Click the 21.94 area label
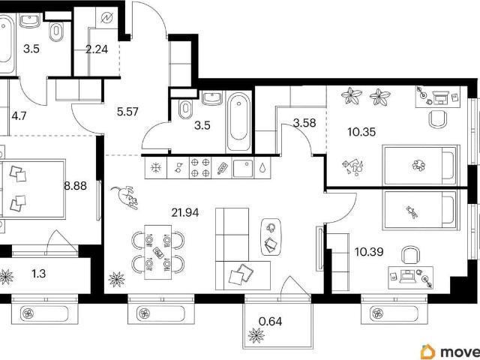click(x=185, y=212)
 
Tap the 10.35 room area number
click(x=361, y=132)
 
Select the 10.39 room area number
click(x=369, y=252)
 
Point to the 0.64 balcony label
click(x=270, y=322)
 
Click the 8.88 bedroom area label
click(x=75, y=185)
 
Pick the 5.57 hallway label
click(x=127, y=112)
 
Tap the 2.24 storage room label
click(x=97, y=49)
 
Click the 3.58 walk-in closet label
click(x=304, y=123)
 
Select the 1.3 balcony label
click(x=39, y=273)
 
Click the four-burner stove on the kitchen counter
click(x=200, y=167)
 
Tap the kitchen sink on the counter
click(x=243, y=168)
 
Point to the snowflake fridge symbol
click(x=156, y=167)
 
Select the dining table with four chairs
click(x=157, y=252)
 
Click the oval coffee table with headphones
click(x=271, y=237)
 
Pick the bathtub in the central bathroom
click(x=238, y=121)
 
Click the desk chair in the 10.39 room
click(x=411, y=255)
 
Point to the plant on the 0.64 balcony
click(x=256, y=335)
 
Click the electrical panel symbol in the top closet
click(x=106, y=18)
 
